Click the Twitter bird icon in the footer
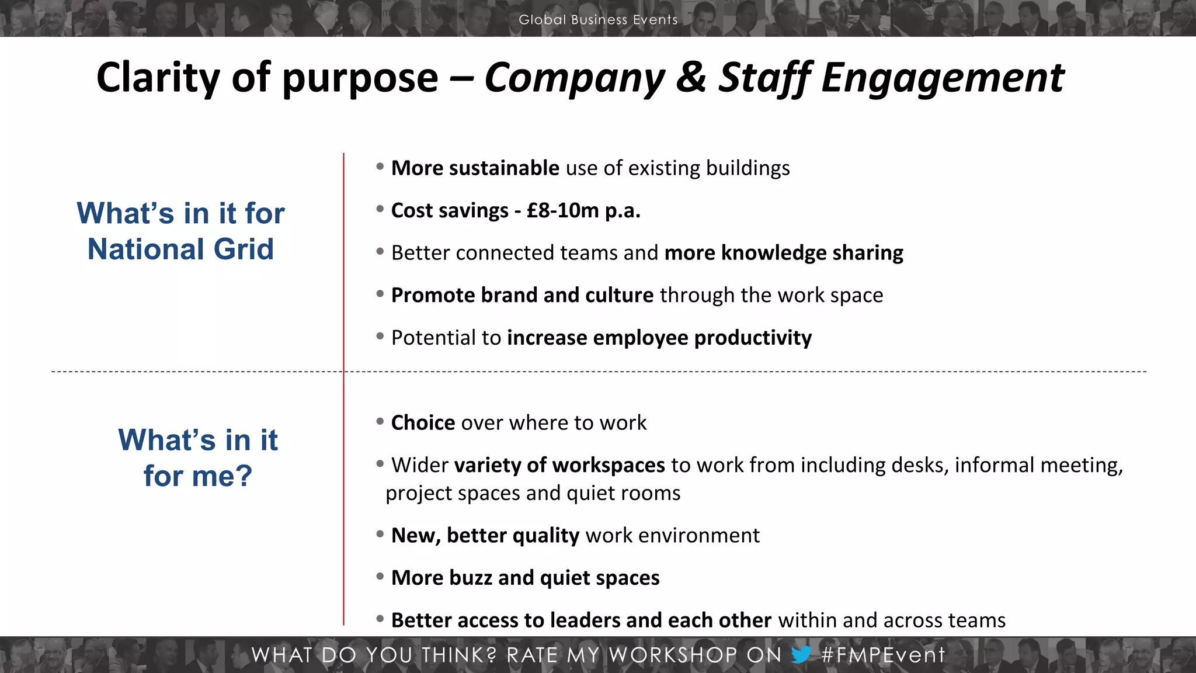pyautogui.click(x=801, y=654)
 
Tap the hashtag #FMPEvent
pyautogui.click(x=883, y=655)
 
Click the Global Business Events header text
pyautogui.click(x=598, y=19)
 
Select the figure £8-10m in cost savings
pyautogui.click(x=563, y=210)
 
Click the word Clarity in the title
pyautogui.click(x=158, y=78)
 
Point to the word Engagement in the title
pyautogui.click(x=943, y=78)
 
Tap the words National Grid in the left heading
pyautogui.click(x=180, y=249)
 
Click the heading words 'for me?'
pyautogui.click(x=198, y=476)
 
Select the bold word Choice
pyautogui.click(x=423, y=422)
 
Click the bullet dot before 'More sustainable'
pyautogui.click(x=380, y=167)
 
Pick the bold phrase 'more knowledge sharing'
pyautogui.click(x=784, y=253)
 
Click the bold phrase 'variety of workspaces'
pyautogui.click(x=559, y=465)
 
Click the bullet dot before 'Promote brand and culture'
pyautogui.click(x=380, y=294)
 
